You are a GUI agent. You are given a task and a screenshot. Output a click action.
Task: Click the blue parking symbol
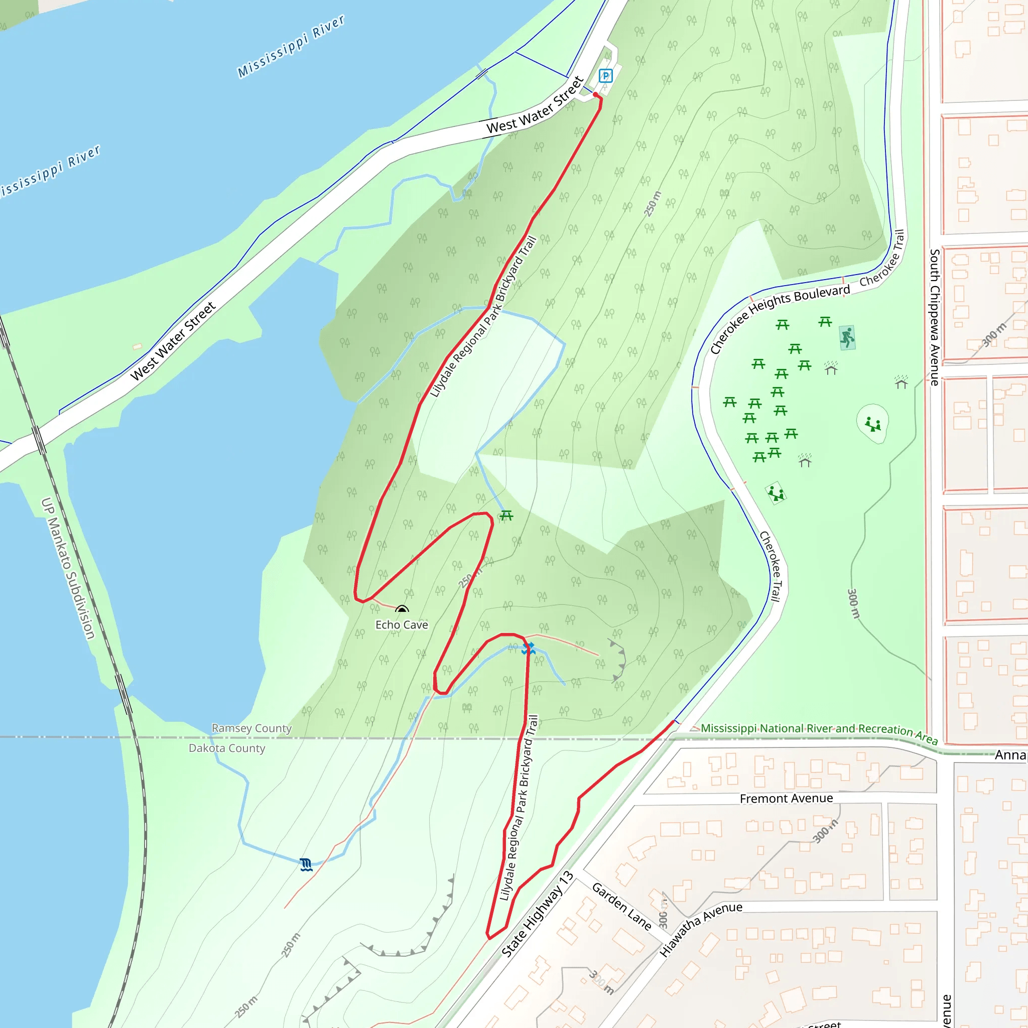click(x=605, y=76)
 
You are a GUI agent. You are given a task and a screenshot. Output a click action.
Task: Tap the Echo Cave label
click(x=402, y=624)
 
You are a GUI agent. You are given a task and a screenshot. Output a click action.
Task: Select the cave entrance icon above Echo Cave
click(x=402, y=610)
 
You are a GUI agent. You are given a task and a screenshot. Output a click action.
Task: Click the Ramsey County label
click(x=251, y=728)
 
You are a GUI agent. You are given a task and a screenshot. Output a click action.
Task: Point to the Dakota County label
click(x=227, y=748)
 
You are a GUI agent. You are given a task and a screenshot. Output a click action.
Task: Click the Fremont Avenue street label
click(x=786, y=798)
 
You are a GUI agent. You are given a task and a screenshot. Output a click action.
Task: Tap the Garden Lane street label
click(x=621, y=906)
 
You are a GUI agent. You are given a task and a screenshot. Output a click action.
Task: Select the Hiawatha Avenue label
click(x=700, y=929)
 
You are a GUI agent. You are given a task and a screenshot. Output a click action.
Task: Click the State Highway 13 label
click(x=538, y=914)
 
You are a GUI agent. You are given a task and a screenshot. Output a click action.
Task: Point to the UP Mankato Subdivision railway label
click(x=68, y=568)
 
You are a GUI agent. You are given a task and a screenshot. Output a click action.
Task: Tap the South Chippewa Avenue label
click(x=934, y=317)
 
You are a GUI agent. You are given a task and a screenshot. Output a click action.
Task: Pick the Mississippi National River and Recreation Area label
click(x=819, y=733)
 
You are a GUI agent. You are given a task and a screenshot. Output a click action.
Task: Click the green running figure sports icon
click(x=847, y=337)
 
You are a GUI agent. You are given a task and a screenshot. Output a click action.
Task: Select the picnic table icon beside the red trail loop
click(x=506, y=515)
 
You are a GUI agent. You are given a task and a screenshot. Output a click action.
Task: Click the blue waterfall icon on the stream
click(x=306, y=864)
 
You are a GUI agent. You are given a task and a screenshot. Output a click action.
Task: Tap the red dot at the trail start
click(x=595, y=95)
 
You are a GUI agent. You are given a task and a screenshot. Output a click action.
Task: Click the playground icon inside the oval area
click(x=872, y=424)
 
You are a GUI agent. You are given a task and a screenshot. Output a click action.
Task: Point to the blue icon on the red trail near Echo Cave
click(x=528, y=648)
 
